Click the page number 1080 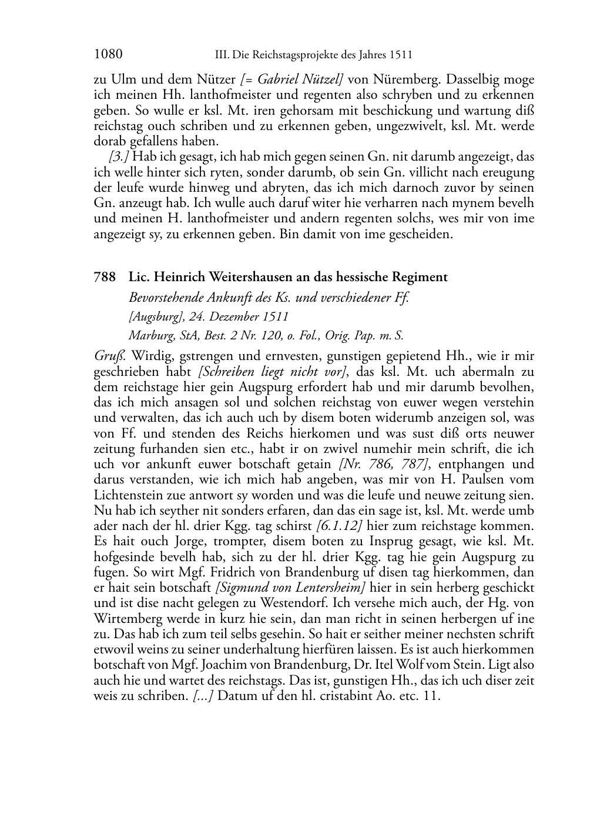108,55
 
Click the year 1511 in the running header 400,55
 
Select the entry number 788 103,277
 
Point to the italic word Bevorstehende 166,297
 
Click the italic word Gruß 108,356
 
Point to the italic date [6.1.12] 339,525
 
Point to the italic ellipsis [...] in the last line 202,695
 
